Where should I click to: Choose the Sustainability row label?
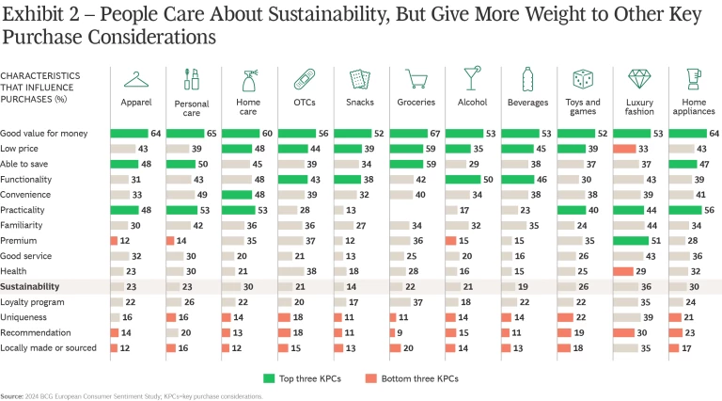click(30, 285)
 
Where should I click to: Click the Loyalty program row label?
click(34, 302)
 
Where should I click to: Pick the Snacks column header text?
click(359, 102)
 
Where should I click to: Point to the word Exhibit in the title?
click(28, 12)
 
